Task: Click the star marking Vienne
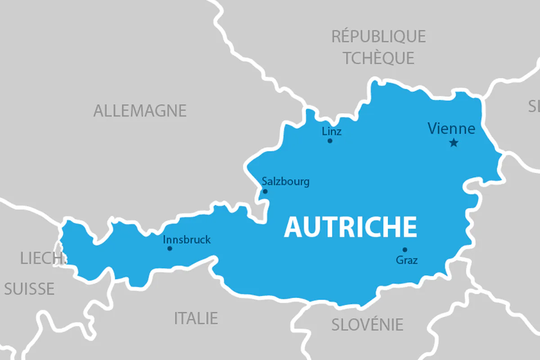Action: coord(454,143)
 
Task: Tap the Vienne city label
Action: coord(451,129)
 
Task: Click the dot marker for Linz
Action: coord(330,141)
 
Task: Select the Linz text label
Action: coord(332,131)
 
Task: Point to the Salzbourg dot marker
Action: coord(265,191)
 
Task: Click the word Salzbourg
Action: coord(286,182)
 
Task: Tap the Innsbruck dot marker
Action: coord(170,248)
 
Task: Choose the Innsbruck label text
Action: coord(186,239)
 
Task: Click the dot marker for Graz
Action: coord(405,250)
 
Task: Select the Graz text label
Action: coord(407,260)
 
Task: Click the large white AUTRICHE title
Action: coord(351,227)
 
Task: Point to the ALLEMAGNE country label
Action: coord(140,111)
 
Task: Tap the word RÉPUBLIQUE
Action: coord(378,36)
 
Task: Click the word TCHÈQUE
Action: coord(378,58)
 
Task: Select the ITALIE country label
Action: coord(196,318)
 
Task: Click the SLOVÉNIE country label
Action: coord(367,324)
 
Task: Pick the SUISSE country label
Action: coord(29,288)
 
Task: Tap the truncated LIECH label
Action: coord(40,258)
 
